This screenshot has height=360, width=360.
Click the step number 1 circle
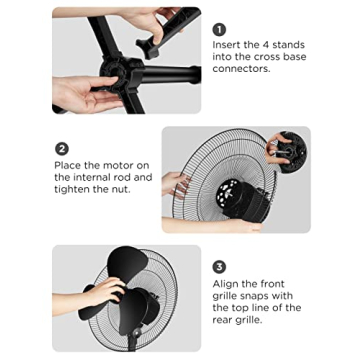click(x=219, y=30)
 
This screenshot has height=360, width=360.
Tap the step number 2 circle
click(x=62, y=149)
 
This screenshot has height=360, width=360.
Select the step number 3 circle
click(x=219, y=267)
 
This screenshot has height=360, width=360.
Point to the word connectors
click(x=241, y=69)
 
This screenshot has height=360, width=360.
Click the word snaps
click(x=253, y=296)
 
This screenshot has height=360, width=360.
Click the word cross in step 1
click(x=269, y=57)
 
